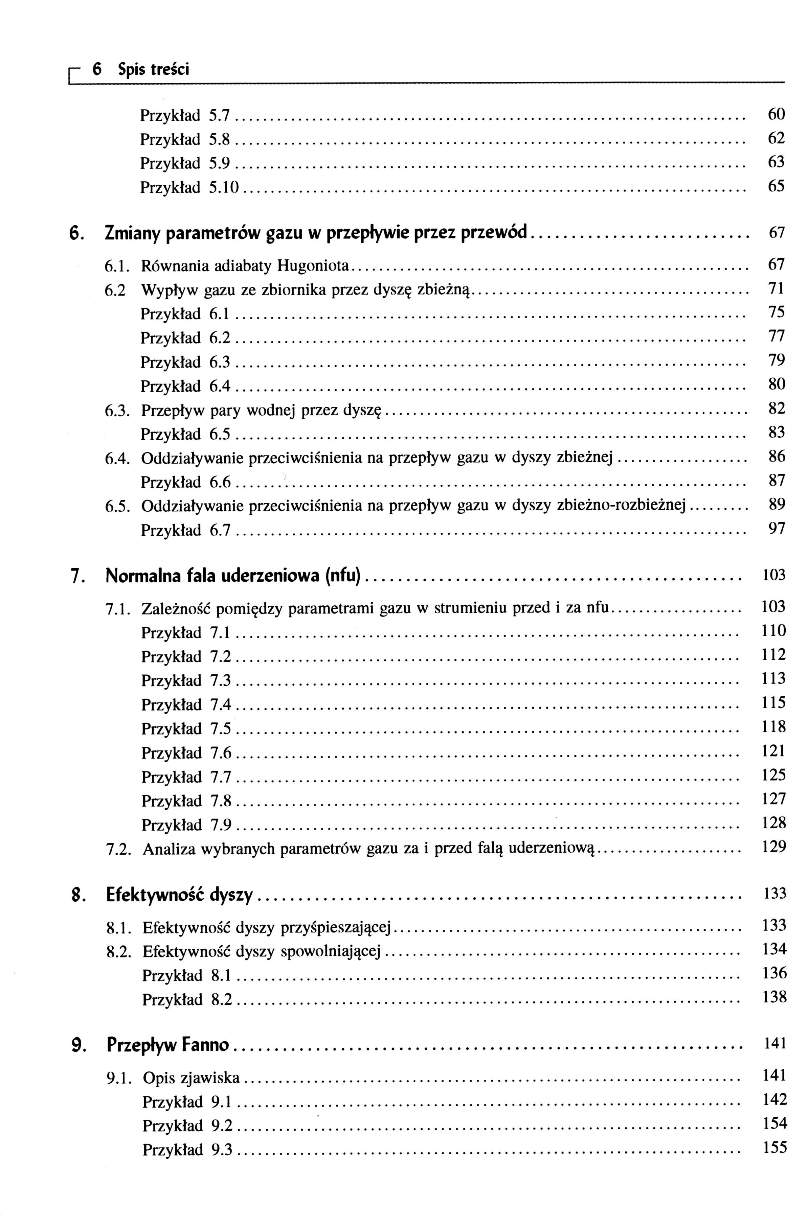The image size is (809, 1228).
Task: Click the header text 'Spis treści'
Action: coord(153,69)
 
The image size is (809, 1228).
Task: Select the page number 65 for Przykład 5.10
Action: coord(776,186)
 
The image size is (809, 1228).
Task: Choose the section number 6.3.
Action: coord(116,411)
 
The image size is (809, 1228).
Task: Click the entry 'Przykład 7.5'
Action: coord(186,729)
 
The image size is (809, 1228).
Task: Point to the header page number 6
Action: coord(96,69)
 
